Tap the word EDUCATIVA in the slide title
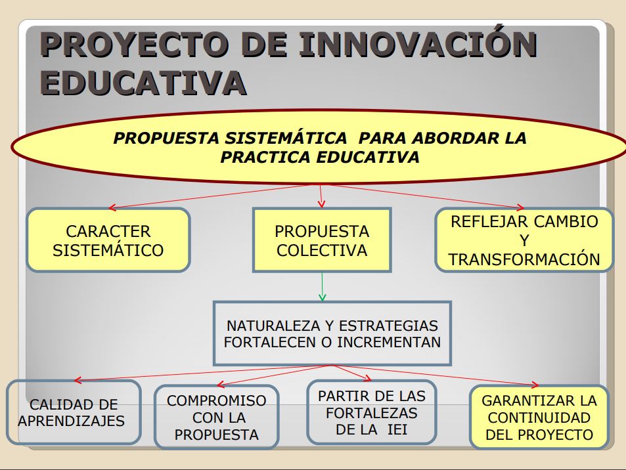[143, 83]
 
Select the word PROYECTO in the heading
[134, 44]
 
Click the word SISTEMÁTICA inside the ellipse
[286, 138]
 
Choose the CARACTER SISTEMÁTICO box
[108, 240]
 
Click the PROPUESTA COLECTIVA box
[322, 240]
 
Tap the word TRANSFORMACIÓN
[524, 259]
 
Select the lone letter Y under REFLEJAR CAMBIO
[524, 241]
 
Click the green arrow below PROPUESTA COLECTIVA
[322, 287]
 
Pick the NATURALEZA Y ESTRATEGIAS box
[332, 333]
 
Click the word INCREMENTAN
[389, 343]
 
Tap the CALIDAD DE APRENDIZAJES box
[74, 412]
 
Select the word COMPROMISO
[216, 400]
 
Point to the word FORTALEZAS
[372, 413]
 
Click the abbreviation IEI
[397, 430]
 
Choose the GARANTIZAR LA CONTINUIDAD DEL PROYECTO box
[539, 417]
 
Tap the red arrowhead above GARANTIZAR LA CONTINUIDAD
[535, 385]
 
